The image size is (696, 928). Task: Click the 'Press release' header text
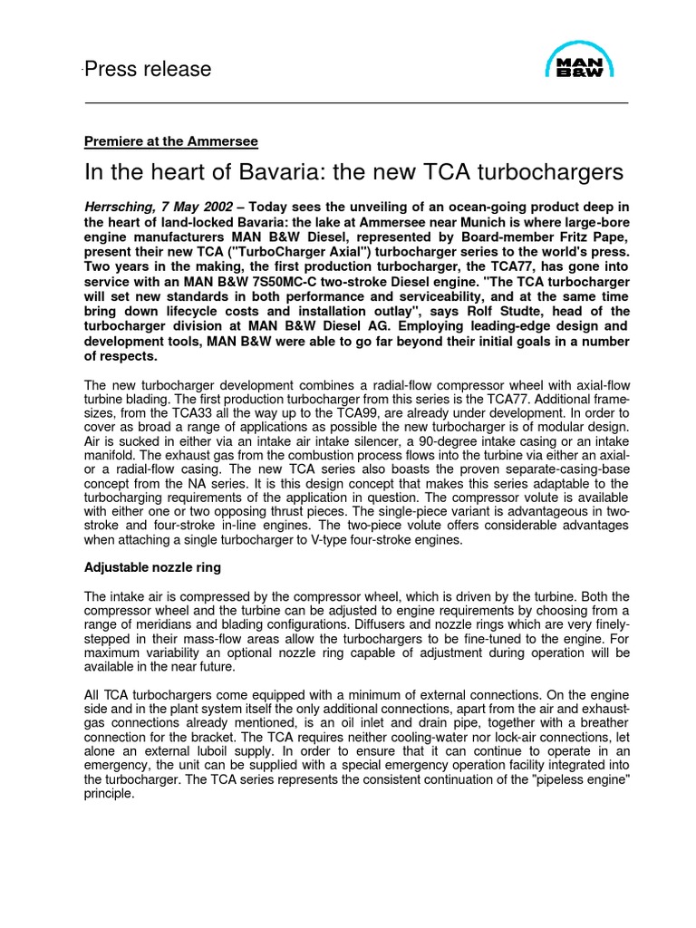click(x=148, y=70)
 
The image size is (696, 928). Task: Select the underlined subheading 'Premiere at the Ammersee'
click(x=171, y=141)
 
